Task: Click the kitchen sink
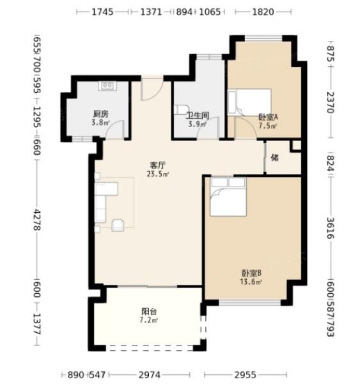[x=107, y=86]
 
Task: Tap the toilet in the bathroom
[x=181, y=109]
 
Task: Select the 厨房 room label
[x=101, y=114]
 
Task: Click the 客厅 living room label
[x=158, y=165]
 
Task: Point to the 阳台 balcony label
[x=149, y=311]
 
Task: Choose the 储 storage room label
[x=274, y=157]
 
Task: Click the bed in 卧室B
[x=228, y=197]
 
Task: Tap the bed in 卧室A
[x=249, y=102]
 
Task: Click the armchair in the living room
[x=118, y=225]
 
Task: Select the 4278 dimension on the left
[x=37, y=220]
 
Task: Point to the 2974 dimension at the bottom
[x=149, y=374]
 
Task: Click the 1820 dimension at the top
[x=263, y=11]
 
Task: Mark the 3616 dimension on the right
[x=330, y=228]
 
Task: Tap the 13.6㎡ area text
[x=251, y=282]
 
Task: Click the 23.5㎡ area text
[x=158, y=174]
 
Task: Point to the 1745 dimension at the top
[x=102, y=11]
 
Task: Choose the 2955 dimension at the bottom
[x=246, y=374]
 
